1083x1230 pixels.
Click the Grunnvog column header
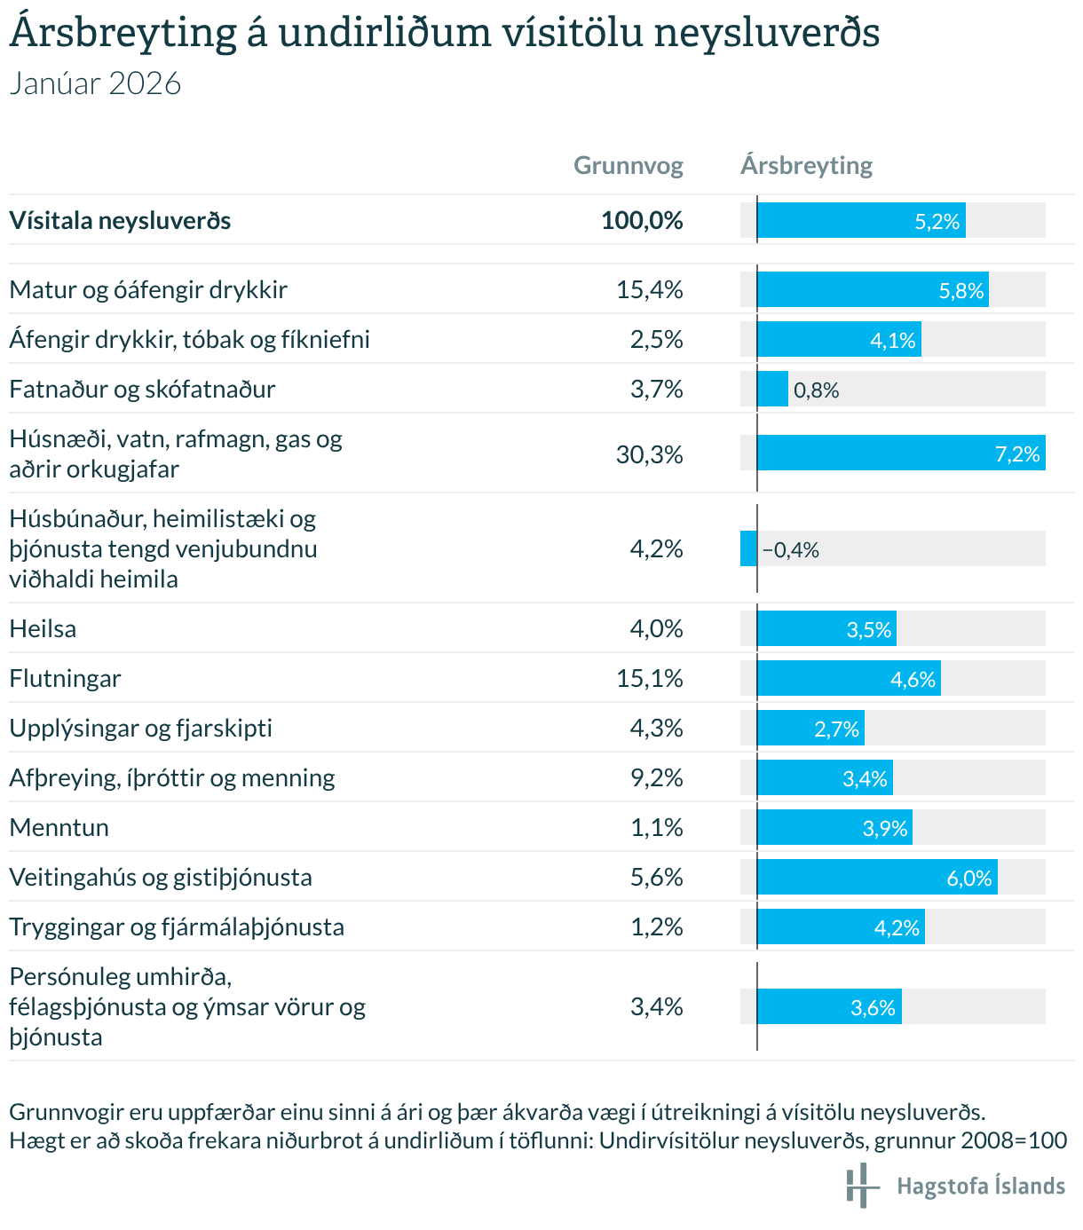coord(628,166)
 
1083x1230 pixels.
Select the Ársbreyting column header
coord(806,166)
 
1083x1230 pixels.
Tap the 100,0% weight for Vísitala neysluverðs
coord(642,221)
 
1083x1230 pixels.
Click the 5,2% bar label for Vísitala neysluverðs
coord(937,222)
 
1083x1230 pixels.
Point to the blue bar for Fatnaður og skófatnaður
coord(772,390)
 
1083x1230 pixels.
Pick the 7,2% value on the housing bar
coord(1017,454)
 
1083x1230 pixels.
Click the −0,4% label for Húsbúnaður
coord(790,550)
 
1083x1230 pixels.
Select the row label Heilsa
coord(43,629)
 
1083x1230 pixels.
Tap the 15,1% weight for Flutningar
coord(650,679)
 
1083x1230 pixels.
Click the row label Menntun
coord(59,828)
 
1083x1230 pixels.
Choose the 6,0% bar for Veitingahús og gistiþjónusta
coord(877,878)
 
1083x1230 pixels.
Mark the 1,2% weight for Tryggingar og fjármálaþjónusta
coord(656,927)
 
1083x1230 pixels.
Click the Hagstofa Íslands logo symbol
coord(861,1186)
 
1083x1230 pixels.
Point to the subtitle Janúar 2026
coord(95,83)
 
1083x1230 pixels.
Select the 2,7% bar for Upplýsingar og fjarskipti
coord(810,729)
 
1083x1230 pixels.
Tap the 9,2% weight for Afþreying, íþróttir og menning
coord(656,778)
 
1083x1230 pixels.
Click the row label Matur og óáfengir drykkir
coord(148,290)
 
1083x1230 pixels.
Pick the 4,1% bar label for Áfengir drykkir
coord(892,341)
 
